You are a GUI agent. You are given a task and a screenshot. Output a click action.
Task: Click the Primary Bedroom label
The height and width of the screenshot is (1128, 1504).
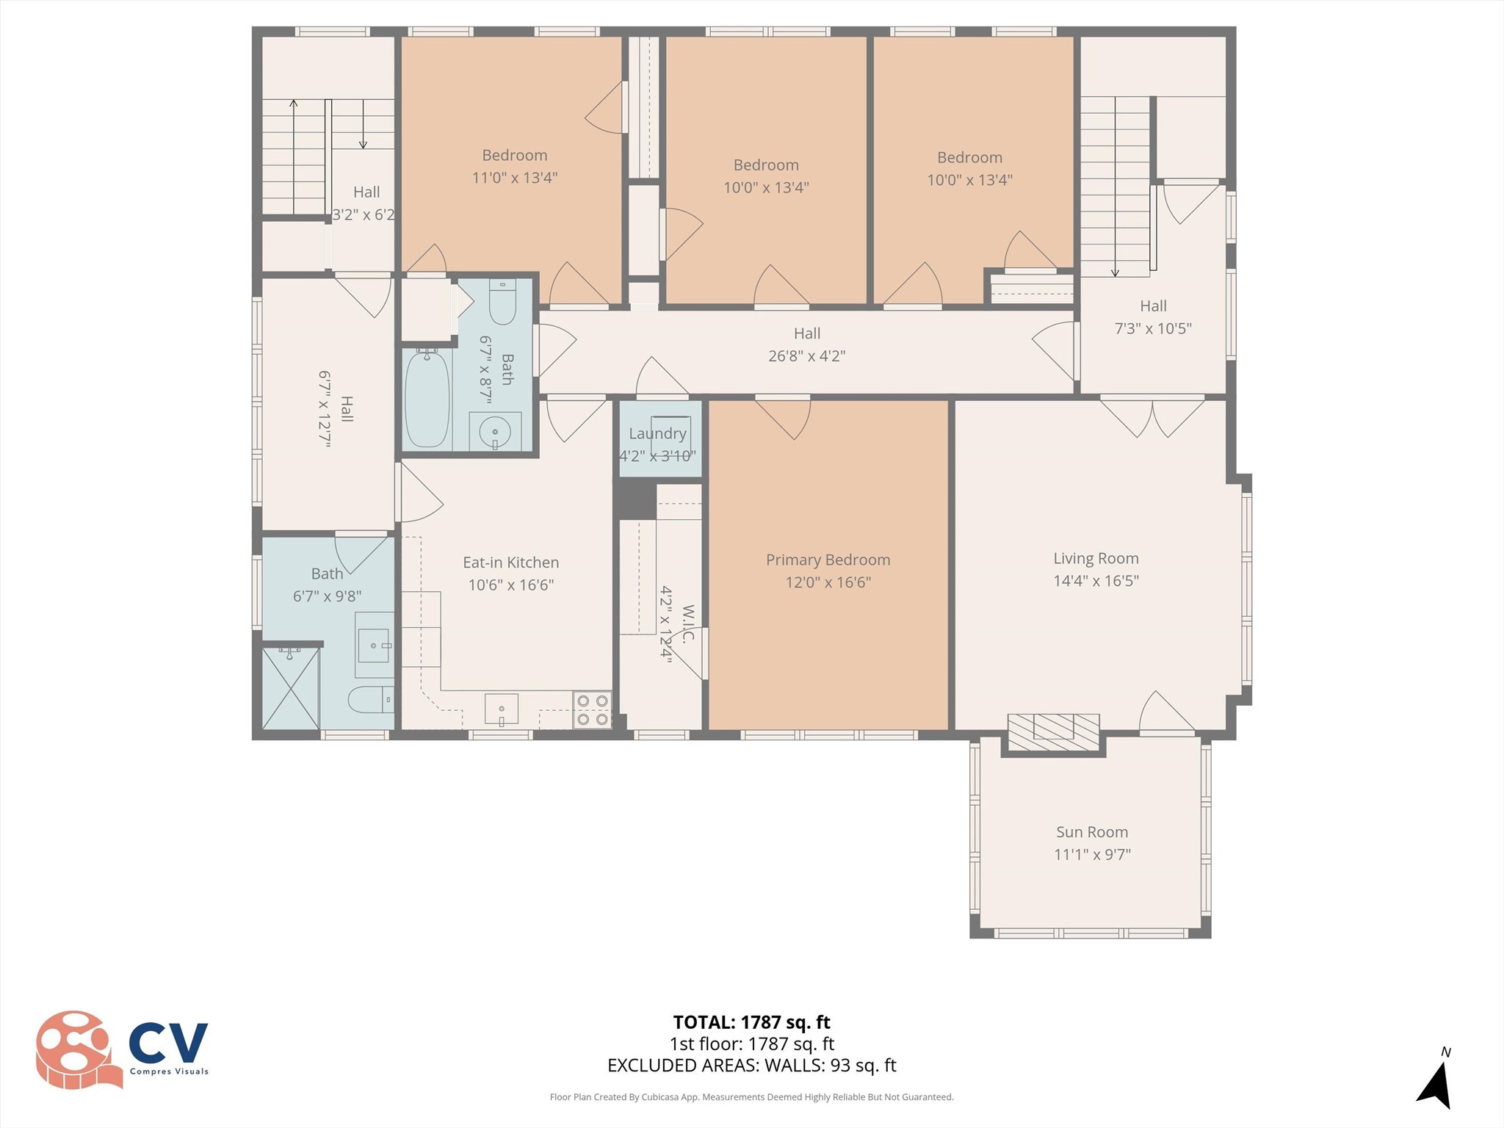[828, 560]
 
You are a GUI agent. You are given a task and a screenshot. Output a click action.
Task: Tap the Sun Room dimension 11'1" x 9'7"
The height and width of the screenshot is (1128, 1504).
[1092, 855]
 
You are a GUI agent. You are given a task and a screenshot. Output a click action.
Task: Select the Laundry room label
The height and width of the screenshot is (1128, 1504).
[657, 433]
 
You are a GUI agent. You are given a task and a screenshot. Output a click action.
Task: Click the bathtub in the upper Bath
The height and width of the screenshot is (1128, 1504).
[427, 397]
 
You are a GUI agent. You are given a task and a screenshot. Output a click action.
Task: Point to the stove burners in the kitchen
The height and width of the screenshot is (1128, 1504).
[592, 710]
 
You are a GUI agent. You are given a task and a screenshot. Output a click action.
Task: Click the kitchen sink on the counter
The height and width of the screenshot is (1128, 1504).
[502, 709]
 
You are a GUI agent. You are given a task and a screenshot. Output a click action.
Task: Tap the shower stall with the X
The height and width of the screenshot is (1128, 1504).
[291, 688]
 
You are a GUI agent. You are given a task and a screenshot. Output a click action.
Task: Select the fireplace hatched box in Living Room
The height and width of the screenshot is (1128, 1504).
[1053, 732]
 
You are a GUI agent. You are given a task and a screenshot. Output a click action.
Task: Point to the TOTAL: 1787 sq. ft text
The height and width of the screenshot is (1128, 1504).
[751, 1022]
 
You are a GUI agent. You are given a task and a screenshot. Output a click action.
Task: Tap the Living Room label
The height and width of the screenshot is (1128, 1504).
[1096, 558]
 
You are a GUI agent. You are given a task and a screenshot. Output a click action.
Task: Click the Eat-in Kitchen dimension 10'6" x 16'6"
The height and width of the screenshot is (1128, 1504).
[511, 585]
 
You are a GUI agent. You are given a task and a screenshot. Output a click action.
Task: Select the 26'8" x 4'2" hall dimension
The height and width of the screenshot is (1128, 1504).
[806, 356]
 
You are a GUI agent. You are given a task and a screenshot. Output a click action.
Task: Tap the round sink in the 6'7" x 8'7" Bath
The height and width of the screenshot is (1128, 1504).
[495, 432]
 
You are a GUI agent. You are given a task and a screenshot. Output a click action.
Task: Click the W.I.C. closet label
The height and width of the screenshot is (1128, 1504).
[687, 623]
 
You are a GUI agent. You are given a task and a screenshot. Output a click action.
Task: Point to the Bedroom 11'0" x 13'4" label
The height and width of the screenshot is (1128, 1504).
[514, 155]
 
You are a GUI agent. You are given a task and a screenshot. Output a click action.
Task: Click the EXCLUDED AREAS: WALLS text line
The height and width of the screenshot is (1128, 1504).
[751, 1066]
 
